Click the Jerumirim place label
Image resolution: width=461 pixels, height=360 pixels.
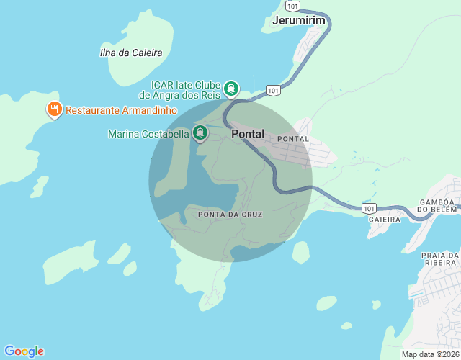click(299, 21)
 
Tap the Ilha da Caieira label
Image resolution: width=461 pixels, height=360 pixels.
click(131, 53)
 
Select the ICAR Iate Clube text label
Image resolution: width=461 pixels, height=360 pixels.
click(181, 89)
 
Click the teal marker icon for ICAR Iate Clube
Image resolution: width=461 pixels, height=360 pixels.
click(231, 89)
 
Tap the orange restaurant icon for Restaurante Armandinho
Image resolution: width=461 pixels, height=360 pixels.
click(54, 110)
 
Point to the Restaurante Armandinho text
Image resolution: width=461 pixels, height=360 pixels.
click(121, 111)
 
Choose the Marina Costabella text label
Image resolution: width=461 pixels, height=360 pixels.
click(148, 134)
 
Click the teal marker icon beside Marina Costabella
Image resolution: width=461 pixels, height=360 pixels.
click(200, 133)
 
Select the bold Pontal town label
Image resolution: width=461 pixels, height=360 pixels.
click(248, 134)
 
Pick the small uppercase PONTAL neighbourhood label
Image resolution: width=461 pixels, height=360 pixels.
click(292, 139)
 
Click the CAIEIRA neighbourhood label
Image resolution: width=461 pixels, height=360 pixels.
click(383, 219)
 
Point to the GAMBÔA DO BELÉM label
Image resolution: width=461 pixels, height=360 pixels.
click(439, 205)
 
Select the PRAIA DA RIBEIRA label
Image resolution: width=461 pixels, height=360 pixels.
click(440, 260)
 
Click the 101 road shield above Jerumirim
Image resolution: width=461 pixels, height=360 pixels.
click(290, 4)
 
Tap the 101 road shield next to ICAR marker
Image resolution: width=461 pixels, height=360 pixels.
click(272, 90)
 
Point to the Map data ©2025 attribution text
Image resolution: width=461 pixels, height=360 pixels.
click(430, 354)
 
